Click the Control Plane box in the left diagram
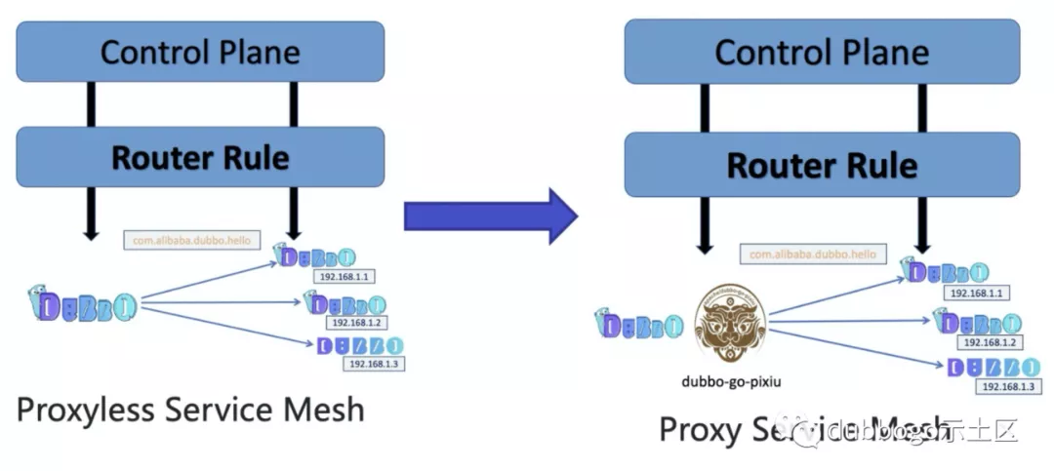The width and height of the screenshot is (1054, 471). click(x=201, y=52)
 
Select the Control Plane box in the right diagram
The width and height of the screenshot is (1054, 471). click(x=822, y=51)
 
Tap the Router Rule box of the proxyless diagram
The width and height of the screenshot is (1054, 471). click(x=201, y=157)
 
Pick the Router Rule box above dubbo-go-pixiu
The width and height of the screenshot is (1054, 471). click(x=822, y=165)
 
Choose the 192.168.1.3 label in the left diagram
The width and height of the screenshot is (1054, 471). click(x=374, y=364)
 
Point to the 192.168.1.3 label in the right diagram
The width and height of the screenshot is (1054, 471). click(x=1009, y=386)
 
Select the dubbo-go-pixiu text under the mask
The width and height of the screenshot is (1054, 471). click(x=731, y=382)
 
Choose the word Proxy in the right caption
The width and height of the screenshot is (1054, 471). click(x=700, y=430)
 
